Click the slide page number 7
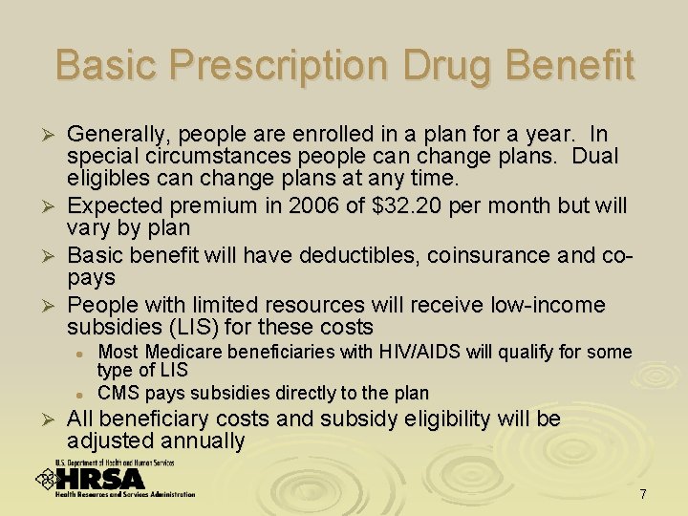[643, 494]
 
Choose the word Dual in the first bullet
[594, 156]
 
